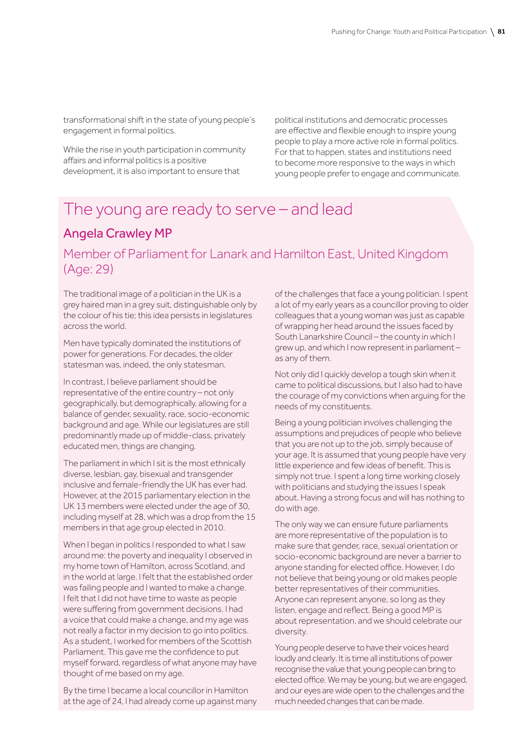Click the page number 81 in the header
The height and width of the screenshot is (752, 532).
pyautogui.click(x=501, y=32)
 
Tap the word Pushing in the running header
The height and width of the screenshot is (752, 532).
pyautogui.click(x=343, y=32)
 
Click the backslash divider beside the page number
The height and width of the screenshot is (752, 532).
pyautogui.click(x=492, y=32)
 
